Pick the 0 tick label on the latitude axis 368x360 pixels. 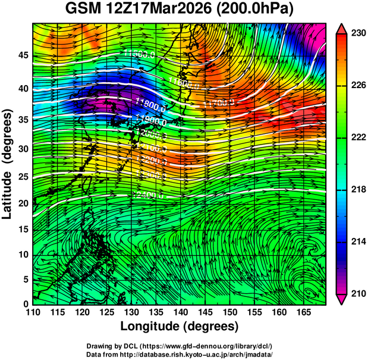[x=26, y=303]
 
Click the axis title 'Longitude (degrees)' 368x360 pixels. [x=180, y=326]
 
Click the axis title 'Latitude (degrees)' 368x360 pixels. [x=8, y=164]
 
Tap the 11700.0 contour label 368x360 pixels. [x=219, y=103]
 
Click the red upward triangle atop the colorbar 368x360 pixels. [x=341, y=27]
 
